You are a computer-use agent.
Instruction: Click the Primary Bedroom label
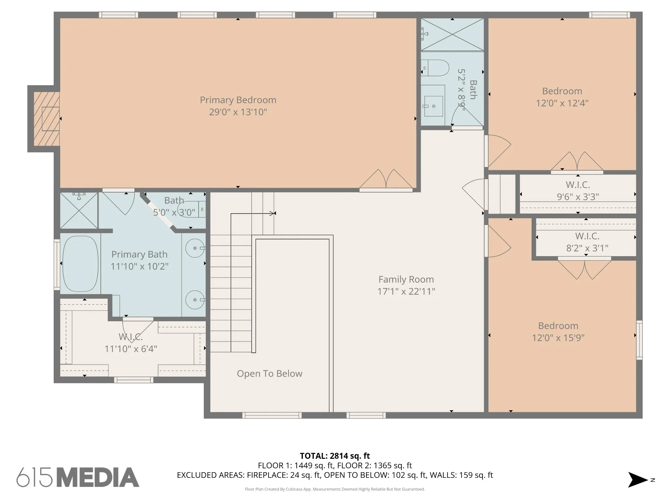pos(238,100)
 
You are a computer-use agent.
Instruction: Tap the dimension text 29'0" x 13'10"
pos(238,112)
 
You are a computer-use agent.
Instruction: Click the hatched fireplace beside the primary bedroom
pos(46,119)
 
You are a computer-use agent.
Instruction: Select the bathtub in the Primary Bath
pos(80,264)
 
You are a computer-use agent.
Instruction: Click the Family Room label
pos(406,279)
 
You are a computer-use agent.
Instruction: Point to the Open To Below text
pos(270,374)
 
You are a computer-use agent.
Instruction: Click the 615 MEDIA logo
pos(78,477)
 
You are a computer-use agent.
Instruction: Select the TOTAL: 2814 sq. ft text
pos(335,456)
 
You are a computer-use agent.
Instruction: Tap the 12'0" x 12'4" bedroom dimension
pos(562,103)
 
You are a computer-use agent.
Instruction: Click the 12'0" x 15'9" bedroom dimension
pos(558,338)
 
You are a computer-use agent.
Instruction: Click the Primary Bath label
pos(139,254)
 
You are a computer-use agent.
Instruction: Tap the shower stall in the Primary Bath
pos(79,211)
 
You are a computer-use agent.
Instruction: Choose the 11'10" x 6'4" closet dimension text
pos(131,349)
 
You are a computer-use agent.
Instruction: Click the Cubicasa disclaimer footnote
pos(335,489)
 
